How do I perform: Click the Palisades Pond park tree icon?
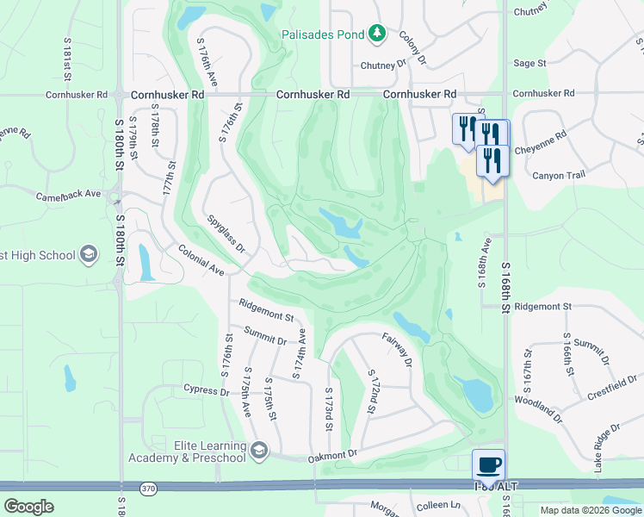coord(376,34)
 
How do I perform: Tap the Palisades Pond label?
coord(324,35)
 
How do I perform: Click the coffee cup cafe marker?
coord(489,464)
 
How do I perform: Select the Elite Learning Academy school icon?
coord(259,450)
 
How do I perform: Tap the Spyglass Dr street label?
coord(226,234)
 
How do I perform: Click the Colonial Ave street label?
coord(201,260)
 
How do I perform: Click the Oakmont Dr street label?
coord(332,454)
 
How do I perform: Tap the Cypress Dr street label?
coord(207,389)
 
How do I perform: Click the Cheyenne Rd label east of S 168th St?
coord(541,142)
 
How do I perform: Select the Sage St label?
coord(529,63)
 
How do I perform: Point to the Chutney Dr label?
coord(383,65)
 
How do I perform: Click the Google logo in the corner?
coord(28,507)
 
